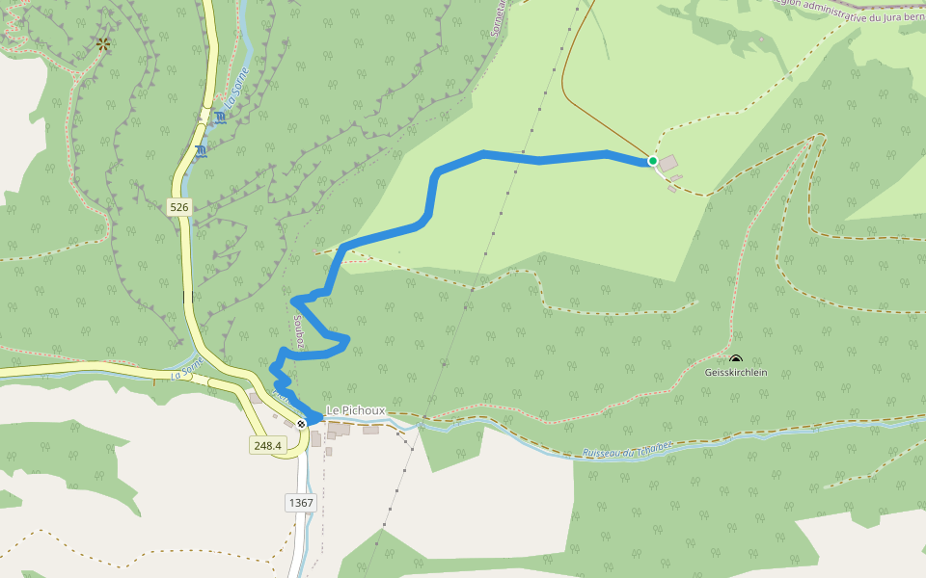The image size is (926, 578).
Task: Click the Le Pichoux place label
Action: pyautogui.click(x=356, y=410)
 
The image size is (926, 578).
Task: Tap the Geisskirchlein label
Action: pyautogui.click(x=736, y=372)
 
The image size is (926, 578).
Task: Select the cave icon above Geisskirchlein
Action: pyautogui.click(x=736, y=360)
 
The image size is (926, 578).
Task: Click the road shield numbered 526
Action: pyautogui.click(x=179, y=207)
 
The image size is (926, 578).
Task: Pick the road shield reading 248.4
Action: pyautogui.click(x=267, y=445)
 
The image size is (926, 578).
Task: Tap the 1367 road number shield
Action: pyautogui.click(x=301, y=503)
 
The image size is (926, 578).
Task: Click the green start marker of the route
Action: pyautogui.click(x=653, y=161)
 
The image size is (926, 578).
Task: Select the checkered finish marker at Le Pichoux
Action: pyautogui.click(x=302, y=424)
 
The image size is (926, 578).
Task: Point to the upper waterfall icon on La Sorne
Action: pyautogui.click(x=221, y=118)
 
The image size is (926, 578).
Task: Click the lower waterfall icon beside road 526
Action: pyautogui.click(x=201, y=151)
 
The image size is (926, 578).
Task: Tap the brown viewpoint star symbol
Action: pyautogui.click(x=103, y=44)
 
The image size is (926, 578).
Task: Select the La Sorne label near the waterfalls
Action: pyautogui.click(x=236, y=87)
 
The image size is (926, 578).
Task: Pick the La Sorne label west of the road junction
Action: pyautogui.click(x=188, y=368)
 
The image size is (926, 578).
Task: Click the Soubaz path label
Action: pyautogui.click(x=299, y=331)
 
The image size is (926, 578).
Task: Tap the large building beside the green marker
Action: pyautogui.click(x=667, y=164)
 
